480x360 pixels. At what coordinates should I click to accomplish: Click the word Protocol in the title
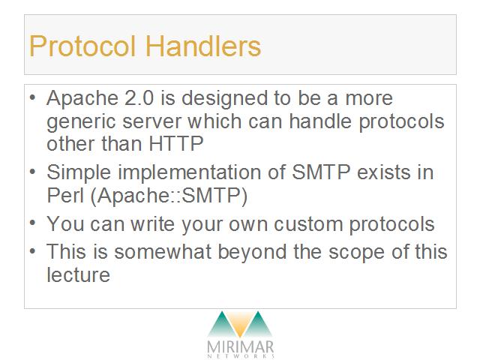point(82,46)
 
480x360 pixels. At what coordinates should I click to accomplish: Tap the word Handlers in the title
point(203,46)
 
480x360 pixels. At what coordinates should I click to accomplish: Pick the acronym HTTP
point(176,143)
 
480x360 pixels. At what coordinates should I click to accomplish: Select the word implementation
point(190,172)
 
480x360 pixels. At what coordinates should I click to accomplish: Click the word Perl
point(65,195)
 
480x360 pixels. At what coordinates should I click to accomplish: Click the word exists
point(383,172)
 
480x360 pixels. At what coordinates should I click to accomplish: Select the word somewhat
point(163,252)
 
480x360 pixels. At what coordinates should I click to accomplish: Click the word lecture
point(78,274)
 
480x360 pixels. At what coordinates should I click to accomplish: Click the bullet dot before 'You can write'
point(33,222)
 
